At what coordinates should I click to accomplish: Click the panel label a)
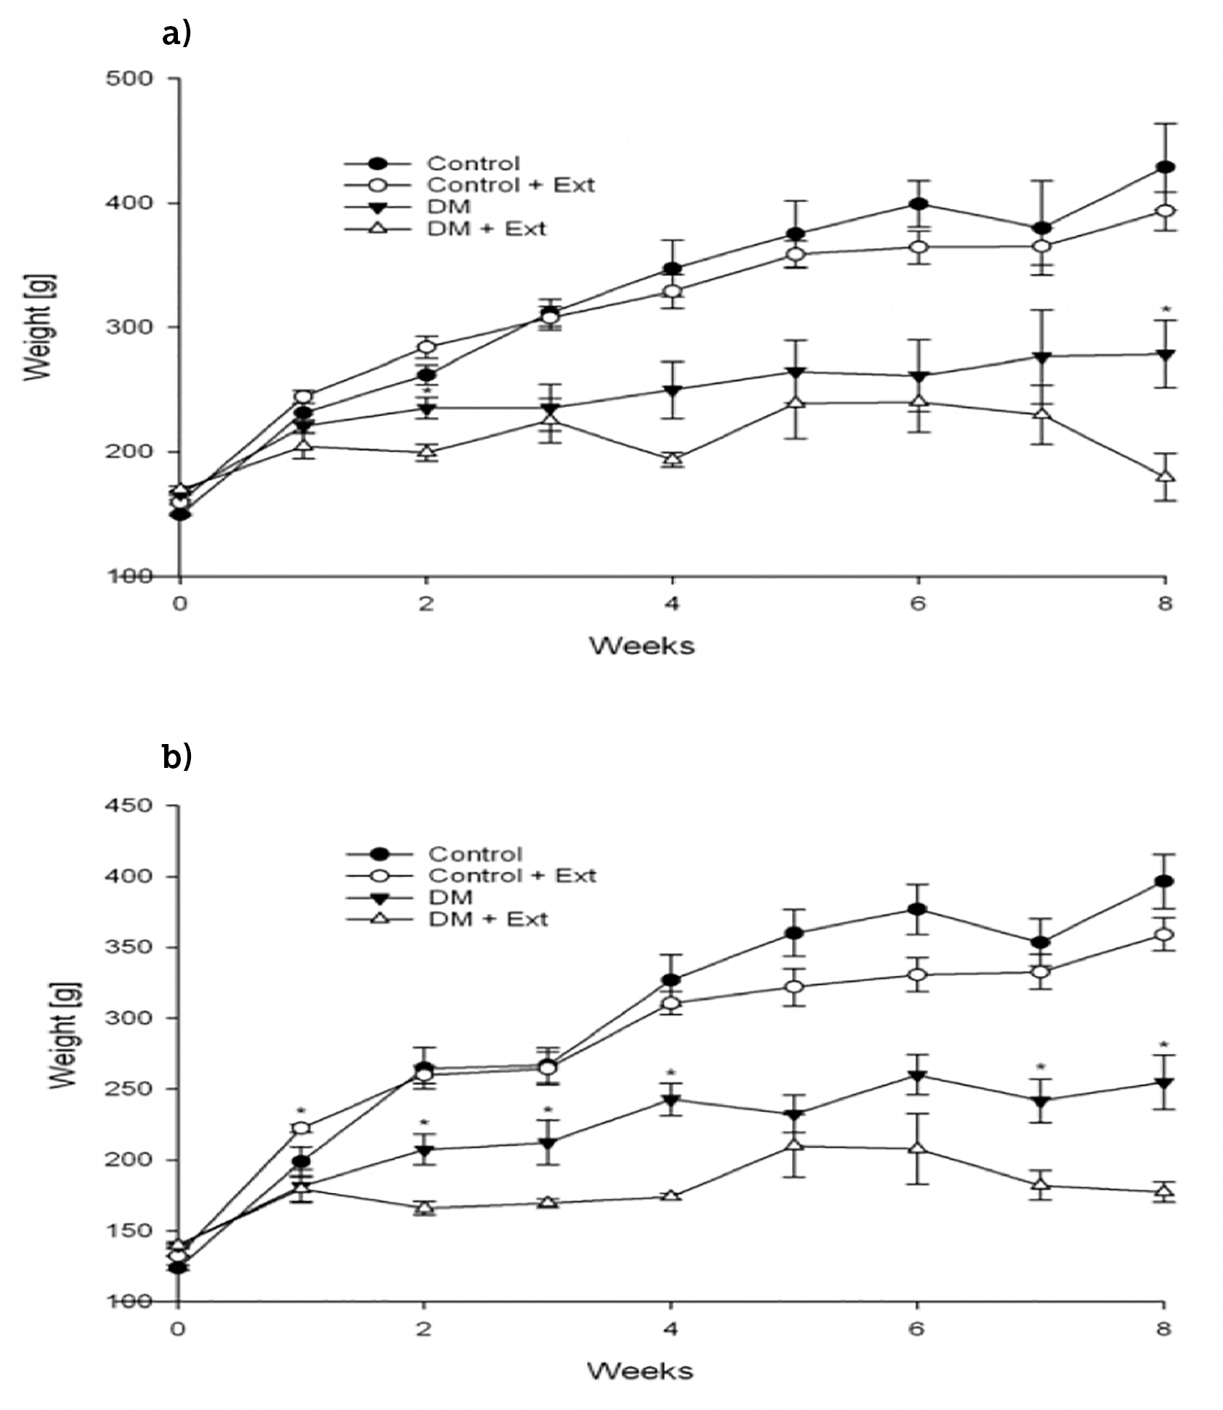176,34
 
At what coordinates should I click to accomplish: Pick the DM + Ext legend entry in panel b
488,919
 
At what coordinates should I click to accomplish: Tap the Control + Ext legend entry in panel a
511,185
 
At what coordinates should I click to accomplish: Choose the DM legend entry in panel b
451,897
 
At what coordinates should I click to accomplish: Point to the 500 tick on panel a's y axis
129,78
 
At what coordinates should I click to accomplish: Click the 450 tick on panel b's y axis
129,805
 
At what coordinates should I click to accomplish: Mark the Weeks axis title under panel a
642,645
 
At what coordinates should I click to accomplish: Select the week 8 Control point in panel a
1165,167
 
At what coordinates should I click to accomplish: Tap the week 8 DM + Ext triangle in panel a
1165,477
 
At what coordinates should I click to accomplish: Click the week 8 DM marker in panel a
1165,354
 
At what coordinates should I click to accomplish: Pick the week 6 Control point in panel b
917,909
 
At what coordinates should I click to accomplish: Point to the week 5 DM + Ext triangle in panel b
794,1145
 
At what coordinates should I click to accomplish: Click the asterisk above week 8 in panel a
1165,310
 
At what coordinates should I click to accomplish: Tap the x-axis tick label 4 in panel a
673,602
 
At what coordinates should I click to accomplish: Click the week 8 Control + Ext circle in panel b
1164,935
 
